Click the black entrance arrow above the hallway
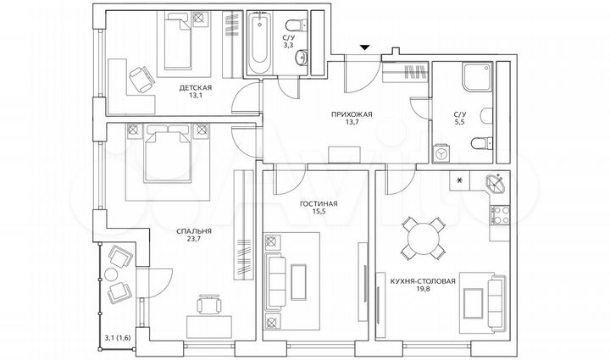point(363,48)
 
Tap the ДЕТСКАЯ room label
point(195,87)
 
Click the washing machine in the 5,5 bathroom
point(441,153)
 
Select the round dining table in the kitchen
point(421,238)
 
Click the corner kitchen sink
point(495,182)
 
